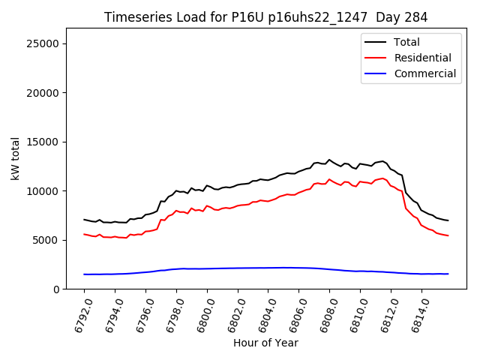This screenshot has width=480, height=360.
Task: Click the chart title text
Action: pyautogui.click(x=265, y=17)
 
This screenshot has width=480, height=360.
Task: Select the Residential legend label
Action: pyautogui.click(x=422, y=58)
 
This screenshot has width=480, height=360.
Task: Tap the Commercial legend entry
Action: pyautogui.click(x=424, y=73)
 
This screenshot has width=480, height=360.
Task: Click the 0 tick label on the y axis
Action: pyautogui.click(x=56, y=289)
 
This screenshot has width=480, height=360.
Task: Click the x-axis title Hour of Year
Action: pyautogui.click(x=265, y=343)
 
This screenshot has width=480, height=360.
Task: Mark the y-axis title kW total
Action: pyautogui.click(x=15, y=158)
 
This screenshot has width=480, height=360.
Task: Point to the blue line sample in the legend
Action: pyautogui.click(x=376, y=73)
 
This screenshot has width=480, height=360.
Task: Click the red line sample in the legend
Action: pyautogui.click(x=376, y=58)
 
